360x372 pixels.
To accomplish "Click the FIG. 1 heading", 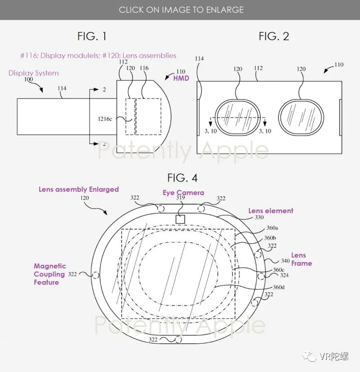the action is (x=92, y=36).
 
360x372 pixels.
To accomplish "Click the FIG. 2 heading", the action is (x=274, y=36).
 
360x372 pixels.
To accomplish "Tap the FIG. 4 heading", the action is (x=182, y=178).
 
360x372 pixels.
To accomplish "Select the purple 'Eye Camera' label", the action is (x=183, y=193).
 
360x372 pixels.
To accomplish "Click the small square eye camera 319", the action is (x=180, y=219).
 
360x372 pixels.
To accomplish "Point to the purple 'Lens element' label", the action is (x=270, y=211).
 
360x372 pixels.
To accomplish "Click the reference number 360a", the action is (x=272, y=228).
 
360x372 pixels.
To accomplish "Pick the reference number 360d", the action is (x=279, y=287).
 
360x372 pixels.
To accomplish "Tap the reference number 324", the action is (x=284, y=275).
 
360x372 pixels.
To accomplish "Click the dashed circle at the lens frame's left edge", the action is (x=95, y=275).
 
